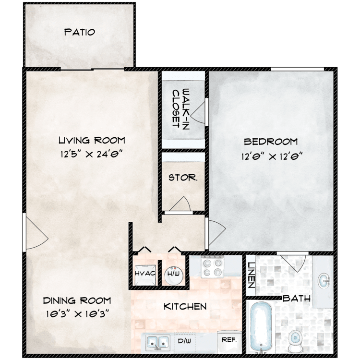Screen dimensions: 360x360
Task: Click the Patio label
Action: click(79, 32)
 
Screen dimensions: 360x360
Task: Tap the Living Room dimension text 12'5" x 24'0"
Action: click(91, 154)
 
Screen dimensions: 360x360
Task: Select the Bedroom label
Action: click(271, 142)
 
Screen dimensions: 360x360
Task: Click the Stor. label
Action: click(183, 178)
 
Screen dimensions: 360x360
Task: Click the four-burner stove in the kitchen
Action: click(212, 266)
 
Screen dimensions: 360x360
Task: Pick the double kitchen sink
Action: click(158, 343)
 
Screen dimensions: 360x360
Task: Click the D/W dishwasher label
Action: click(184, 341)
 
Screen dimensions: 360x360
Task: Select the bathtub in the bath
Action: click(261, 328)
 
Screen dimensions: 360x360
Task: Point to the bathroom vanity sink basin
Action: click(324, 281)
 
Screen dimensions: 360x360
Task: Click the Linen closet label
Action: click(251, 275)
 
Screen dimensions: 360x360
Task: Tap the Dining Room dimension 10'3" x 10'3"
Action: click(77, 313)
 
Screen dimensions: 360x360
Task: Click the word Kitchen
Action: click(185, 306)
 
